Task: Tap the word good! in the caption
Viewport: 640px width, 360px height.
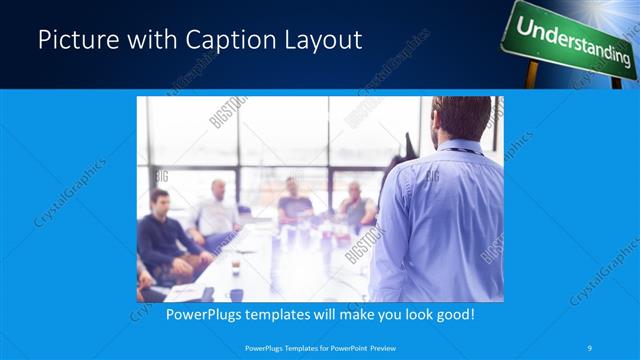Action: [453, 313]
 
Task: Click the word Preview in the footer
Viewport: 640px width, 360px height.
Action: [378, 347]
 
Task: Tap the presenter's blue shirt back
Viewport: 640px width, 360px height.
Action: [440, 220]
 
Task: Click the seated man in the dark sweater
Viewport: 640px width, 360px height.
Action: [160, 235]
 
